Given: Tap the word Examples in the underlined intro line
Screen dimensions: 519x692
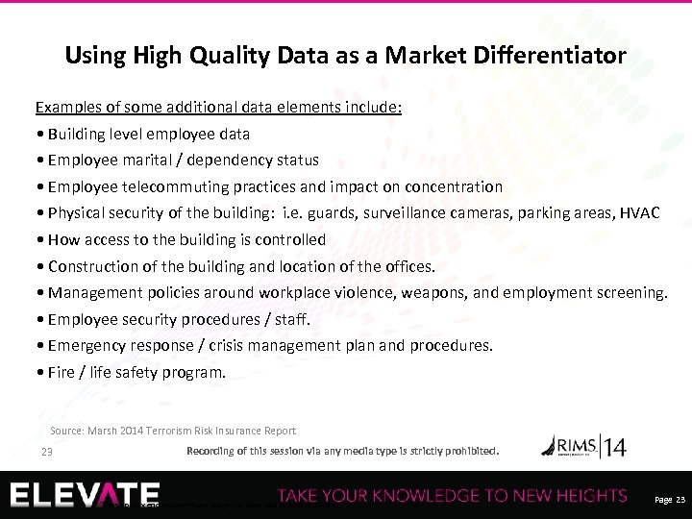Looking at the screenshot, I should click(x=67, y=107).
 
